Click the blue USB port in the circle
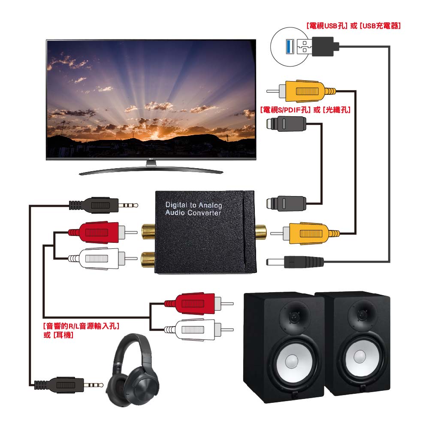(x=290, y=46)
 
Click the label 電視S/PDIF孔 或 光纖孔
(x=305, y=110)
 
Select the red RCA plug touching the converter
(x=100, y=233)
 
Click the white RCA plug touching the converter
(x=100, y=258)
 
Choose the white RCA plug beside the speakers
(x=196, y=329)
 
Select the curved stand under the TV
(x=151, y=171)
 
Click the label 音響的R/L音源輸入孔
(x=81, y=326)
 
